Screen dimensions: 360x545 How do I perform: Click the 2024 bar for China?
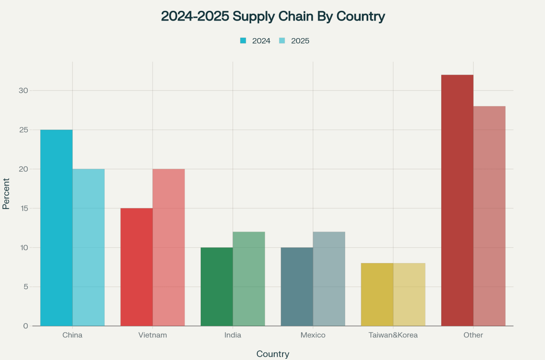[x=56, y=228]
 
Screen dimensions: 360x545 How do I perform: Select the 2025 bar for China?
[x=89, y=247]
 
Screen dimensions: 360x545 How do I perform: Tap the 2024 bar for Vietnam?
[x=137, y=267]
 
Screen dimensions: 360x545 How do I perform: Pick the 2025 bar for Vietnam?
[x=169, y=247]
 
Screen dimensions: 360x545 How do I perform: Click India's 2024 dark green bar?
[x=217, y=286]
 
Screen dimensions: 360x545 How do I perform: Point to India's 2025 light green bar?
[x=249, y=279]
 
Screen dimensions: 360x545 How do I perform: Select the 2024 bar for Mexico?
[x=297, y=286]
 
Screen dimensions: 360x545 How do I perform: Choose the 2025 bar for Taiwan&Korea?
[x=409, y=294]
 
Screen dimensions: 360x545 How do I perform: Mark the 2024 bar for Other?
[x=457, y=200]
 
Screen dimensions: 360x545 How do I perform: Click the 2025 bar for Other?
[x=489, y=216]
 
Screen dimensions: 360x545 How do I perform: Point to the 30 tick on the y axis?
[x=23, y=91]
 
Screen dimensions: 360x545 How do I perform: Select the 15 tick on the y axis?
[x=23, y=209]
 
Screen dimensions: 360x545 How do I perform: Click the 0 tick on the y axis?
[x=26, y=326]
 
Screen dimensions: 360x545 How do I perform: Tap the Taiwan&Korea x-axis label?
[x=393, y=335]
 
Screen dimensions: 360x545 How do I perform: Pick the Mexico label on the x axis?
[x=313, y=335]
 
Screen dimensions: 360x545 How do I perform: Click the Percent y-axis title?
[x=6, y=194]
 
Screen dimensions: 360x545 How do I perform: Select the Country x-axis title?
[x=273, y=354]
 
